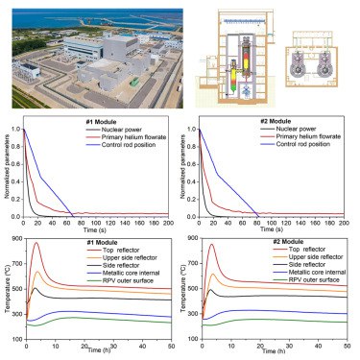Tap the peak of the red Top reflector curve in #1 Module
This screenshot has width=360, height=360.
tap(36, 244)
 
